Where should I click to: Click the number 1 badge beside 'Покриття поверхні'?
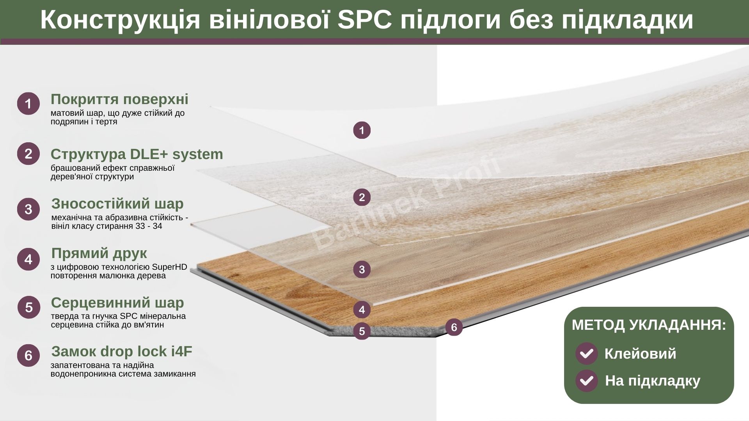pyautogui.click(x=28, y=103)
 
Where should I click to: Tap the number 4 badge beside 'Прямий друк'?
pyautogui.click(x=28, y=259)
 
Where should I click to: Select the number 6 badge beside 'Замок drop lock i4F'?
pyautogui.click(x=28, y=355)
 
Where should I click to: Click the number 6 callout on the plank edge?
pyautogui.click(x=454, y=327)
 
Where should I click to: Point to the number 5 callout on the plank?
pyautogui.click(x=362, y=331)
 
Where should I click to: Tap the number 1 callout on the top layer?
pyautogui.click(x=362, y=130)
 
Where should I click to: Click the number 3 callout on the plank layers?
pyautogui.click(x=362, y=269)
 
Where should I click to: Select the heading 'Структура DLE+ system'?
pyautogui.click(x=137, y=154)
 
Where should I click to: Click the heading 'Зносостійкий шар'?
pyautogui.click(x=117, y=203)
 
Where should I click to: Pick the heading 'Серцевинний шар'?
pyautogui.click(x=117, y=302)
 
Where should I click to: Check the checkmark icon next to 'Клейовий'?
pyautogui.click(x=586, y=354)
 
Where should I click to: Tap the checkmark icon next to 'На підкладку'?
pyautogui.click(x=586, y=381)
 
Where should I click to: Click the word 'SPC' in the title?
pyautogui.click(x=364, y=19)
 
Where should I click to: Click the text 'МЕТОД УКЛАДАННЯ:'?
pyautogui.click(x=649, y=325)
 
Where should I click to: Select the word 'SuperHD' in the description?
pyautogui.click(x=169, y=267)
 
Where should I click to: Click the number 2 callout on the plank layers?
pyautogui.click(x=362, y=197)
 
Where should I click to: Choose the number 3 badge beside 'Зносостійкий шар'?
pyautogui.click(x=28, y=209)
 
